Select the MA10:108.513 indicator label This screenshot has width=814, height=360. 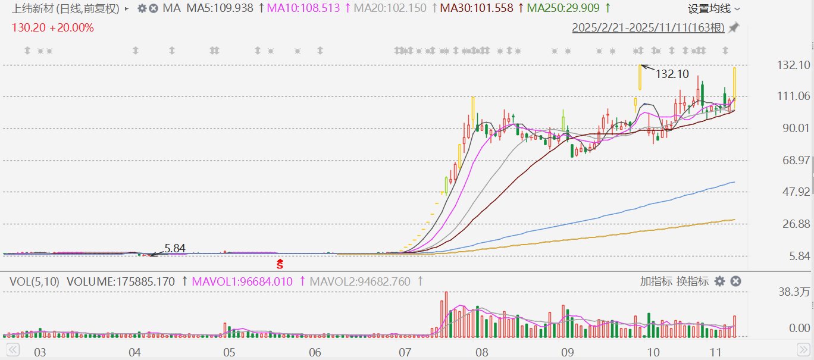click(303, 8)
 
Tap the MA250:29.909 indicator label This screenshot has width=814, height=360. click(563, 8)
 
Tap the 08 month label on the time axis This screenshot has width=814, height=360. click(482, 352)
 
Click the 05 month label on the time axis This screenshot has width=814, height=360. click(229, 352)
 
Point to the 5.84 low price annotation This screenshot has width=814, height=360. click(175, 249)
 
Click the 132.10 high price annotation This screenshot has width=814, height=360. click(672, 74)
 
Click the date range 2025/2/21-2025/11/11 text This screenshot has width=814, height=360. click(648, 28)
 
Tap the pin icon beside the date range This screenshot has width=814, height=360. click(734, 28)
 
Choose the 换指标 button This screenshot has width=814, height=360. click(693, 281)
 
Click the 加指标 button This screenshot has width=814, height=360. click(656, 281)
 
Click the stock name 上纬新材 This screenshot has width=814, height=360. click(32, 9)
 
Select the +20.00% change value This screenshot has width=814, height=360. click(72, 28)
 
